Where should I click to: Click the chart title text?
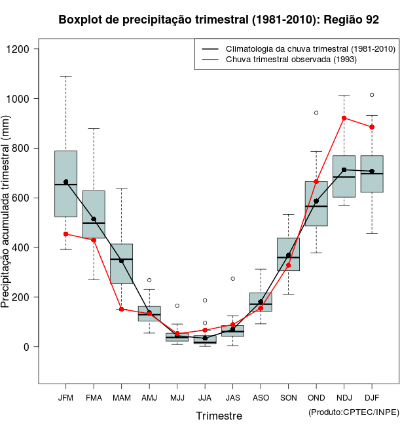[x=219, y=20]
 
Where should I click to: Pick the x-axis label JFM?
[x=65, y=397]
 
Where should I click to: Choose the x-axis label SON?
[x=288, y=397]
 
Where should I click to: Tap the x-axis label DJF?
[x=372, y=397]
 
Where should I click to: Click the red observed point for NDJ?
[x=344, y=118]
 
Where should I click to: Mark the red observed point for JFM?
[x=65, y=234]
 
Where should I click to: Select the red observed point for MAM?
[x=121, y=309]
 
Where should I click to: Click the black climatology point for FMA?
[x=94, y=219]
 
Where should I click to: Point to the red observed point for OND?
[x=316, y=181]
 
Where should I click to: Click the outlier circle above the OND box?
[x=316, y=113]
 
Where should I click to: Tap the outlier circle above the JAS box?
[x=232, y=279]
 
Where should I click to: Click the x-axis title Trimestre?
[x=219, y=416]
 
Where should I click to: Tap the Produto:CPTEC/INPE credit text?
[x=354, y=412]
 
